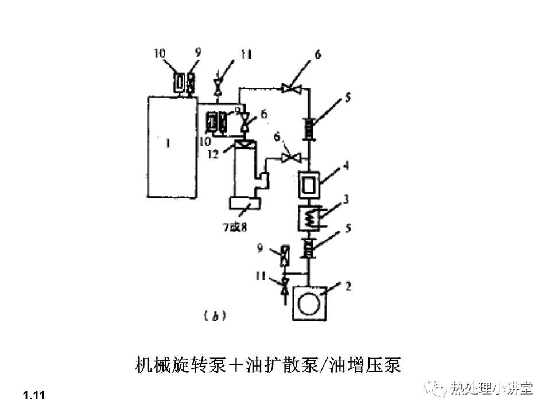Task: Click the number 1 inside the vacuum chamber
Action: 168,144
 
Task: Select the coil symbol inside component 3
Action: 309,217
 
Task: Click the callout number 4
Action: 346,165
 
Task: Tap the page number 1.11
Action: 34,395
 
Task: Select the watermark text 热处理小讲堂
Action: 492,388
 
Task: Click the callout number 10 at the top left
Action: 159,53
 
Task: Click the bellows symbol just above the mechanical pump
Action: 309,249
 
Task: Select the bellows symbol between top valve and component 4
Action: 309,127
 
